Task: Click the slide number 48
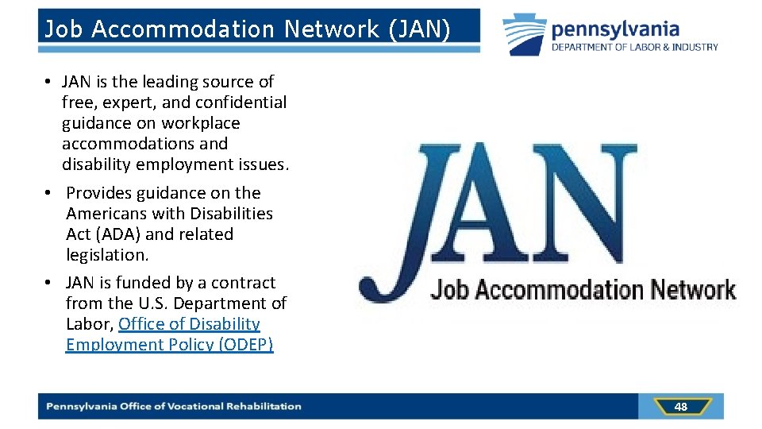680,407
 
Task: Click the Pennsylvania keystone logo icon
525,35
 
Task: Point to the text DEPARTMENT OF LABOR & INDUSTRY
635,47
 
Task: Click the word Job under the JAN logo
448,290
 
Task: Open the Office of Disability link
189,324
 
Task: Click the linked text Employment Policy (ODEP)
169,345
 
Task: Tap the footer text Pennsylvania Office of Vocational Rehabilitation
174,407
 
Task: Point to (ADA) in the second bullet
117,234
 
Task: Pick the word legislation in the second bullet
107,255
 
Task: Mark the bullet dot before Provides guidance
49,194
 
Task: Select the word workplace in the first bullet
200,123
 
